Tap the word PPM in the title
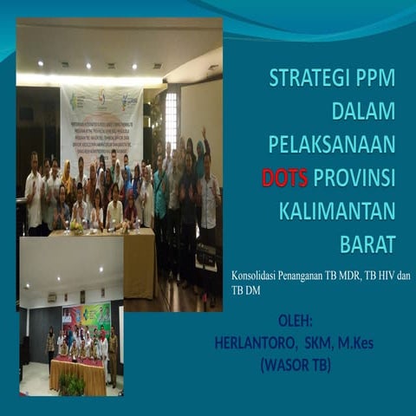coord(374,78)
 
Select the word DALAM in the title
coord(363,111)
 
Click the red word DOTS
coord(285,178)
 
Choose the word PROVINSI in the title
coord(354,178)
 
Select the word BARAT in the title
coord(367,244)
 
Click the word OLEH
coord(296,322)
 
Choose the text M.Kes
coord(355,343)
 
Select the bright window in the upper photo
coord(171,120)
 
